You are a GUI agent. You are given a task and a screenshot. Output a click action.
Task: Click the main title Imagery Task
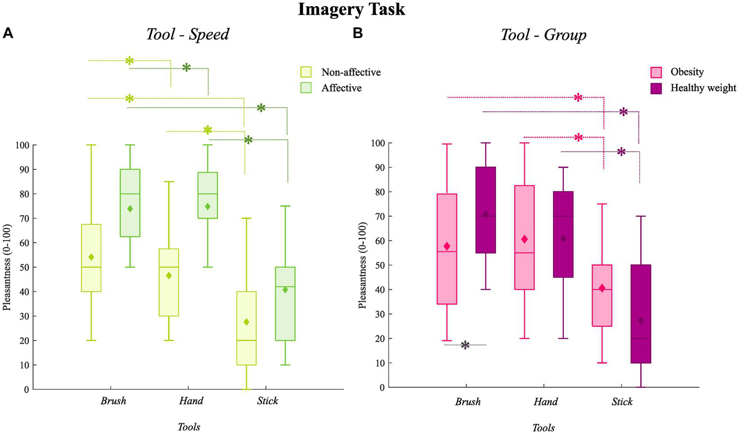click(x=351, y=9)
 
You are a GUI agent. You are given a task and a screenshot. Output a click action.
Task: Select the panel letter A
click(x=8, y=33)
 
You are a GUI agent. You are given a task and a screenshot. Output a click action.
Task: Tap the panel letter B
click(x=358, y=33)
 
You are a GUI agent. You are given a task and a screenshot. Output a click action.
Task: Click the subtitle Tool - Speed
click(x=187, y=35)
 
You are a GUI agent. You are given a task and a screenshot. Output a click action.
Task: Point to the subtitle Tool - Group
click(x=543, y=35)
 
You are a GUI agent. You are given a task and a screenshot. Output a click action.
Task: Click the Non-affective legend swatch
click(x=306, y=72)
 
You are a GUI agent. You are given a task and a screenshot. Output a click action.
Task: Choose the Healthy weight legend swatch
click(x=656, y=88)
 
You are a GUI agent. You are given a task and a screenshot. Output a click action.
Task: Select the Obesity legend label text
click(x=687, y=72)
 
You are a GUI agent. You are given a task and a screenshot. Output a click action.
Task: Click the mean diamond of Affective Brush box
click(x=130, y=209)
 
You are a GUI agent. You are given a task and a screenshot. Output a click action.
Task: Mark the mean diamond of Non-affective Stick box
click(x=246, y=322)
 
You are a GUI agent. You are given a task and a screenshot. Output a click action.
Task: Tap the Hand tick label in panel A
click(x=191, y=401)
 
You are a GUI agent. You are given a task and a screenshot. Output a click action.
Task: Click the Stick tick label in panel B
click(x=622, y=402)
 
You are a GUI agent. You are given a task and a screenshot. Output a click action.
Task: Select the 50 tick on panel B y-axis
click(x=378, y=265)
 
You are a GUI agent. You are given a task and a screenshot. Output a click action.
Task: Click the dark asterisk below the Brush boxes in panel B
click(x=465, y=345)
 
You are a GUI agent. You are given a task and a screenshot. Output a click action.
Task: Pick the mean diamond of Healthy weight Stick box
click(x=641, y=320)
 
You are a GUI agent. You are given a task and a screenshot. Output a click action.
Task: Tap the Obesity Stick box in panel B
click(x=602, y=295)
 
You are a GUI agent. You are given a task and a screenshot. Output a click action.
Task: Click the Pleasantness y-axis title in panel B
click(x=363, y=265)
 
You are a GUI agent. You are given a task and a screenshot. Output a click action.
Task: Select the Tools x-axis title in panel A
click(x=189, y=427)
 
